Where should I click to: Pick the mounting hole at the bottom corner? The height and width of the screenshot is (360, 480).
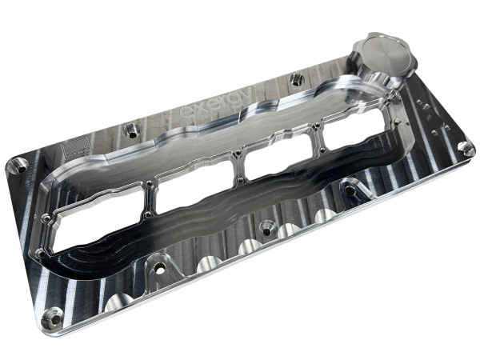click(x=54, y=314)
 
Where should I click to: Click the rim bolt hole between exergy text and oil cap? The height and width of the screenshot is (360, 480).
click(x=297, y=78)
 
